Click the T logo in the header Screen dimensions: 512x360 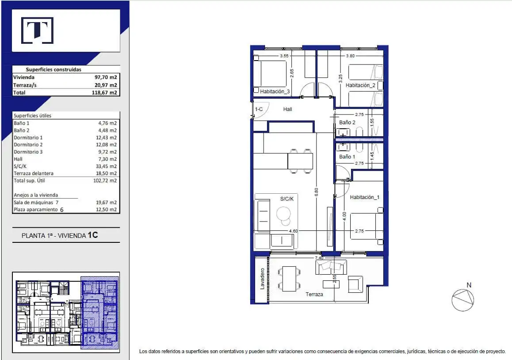pyautogui.click(x=37, y=31)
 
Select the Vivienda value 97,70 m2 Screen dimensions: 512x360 pyautogui.click(x=106, y=77)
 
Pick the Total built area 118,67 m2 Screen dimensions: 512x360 pyautogui.click(x=104, y=92)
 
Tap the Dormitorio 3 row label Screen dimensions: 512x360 pyautogui.click(x=28, y=152)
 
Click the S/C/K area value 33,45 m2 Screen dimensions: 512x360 pyautogui.click(x=106, y=166)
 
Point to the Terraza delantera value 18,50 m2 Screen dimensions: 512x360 pyautogui.click(x=106, y=173)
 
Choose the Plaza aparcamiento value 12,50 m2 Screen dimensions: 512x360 pyautogui.click(x=106, y=210)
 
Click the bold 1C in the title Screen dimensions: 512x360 pyautogui.click(x=93, y=235)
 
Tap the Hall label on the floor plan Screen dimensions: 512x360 pyautogui.click(x=288, y=109)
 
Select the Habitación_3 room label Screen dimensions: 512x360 pyautogui.click(x=275, y=92)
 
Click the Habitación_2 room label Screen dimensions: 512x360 pyautogui.click(x=360, y=85)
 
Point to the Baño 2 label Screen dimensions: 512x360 pyautogui.click(x=347, y=123)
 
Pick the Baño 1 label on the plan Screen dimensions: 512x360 pyautogui.click(x=347, y=157)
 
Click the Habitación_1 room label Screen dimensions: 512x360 pyautogui.click(x=365, y=197)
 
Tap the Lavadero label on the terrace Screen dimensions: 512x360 pyautogui.click(x=262, y=279)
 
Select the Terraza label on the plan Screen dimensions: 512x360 pyautogui.click(x=314, y=295)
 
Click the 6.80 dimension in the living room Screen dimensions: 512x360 pyautogui.click(x=316, y=192)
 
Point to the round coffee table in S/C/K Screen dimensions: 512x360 pyautogui.click(x=283, y=214)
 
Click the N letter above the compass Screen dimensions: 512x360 pyautogui.click(x=469, y=285)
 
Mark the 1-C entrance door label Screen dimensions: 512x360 pyautogui.click(x=259, y=109)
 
